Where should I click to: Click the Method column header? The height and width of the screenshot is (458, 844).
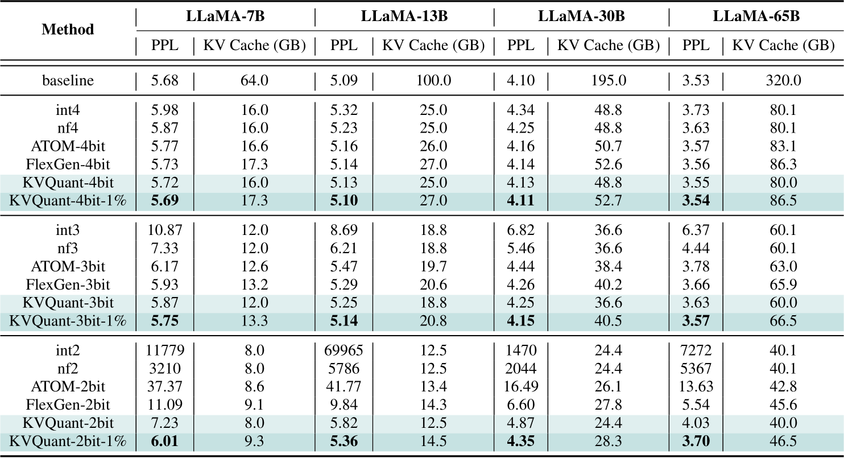click(68, 30)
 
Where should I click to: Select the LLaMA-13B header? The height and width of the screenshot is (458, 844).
click(404, 16)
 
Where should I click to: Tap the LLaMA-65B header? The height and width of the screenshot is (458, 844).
click(756, 16)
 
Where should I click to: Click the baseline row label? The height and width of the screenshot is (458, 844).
click(68, 80)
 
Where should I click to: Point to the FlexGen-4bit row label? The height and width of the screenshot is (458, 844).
click(68, 164)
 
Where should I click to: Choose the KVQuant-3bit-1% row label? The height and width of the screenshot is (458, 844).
click(68, 321)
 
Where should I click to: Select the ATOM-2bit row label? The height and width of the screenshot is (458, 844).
click(68, 386)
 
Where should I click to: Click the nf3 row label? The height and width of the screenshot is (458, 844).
click(68, 249)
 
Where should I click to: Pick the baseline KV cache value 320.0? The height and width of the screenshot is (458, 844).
click(783, 80)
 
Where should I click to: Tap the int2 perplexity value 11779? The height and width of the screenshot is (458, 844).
click(165, 350)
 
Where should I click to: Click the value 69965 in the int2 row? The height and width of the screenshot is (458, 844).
click(344, 350)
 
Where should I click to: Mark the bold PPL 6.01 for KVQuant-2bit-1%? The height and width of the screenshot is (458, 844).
click(165, 441)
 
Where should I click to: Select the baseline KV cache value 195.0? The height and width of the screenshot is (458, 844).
click(609, 80)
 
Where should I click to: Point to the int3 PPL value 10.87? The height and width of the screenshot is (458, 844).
click(165, 230)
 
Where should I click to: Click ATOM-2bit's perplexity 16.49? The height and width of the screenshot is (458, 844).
click(521, 386)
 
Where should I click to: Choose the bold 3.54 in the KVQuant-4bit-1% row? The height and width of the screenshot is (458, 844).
click(696, 200)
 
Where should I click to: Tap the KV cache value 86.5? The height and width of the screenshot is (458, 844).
click(783, 200)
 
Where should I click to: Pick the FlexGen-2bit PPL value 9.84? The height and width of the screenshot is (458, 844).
click(344, 405)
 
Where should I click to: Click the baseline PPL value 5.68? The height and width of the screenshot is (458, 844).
click(165, 80)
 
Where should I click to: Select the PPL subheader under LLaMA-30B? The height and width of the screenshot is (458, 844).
click(521, 46)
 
